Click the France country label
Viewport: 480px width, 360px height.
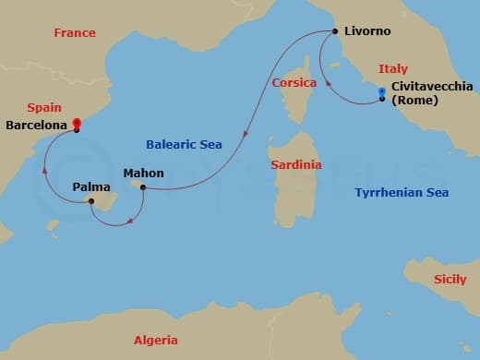tap(75, 33)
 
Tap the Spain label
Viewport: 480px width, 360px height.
tap(44, 108)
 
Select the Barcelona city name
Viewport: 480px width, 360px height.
tap(38, 124)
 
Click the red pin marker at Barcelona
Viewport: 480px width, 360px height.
tap(78, 122)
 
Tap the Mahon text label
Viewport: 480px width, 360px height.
tap(143, 173)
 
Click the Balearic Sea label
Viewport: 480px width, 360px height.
tap(184, 144)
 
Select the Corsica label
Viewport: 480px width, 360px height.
tap(294, 82)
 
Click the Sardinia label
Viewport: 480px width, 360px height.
tap(295, 165)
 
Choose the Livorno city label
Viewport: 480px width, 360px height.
tap(367, 31)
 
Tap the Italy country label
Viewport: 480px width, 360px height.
tap(392, 69)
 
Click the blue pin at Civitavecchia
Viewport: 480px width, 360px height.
tap(381, 91)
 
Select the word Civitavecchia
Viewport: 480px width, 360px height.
tap(432, 87)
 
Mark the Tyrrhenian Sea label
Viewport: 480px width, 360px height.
tap(402, 193)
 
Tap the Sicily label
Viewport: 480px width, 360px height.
tap(450, 279)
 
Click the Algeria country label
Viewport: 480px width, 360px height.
tap(156, 340)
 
